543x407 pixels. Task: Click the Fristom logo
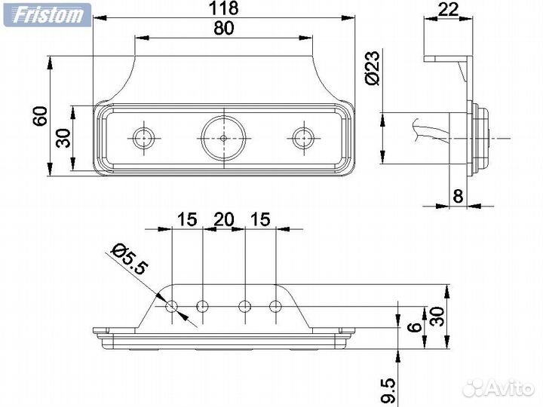[46, 14]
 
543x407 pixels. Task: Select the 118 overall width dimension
[223, 8]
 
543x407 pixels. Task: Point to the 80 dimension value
[224, 28]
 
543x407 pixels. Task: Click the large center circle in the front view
[225, 138]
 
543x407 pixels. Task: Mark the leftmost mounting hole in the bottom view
[172, 306]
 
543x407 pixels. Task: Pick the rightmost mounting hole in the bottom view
[275, 306]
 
